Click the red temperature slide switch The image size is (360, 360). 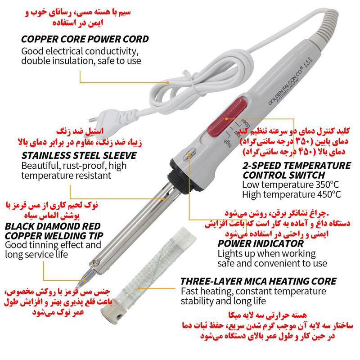pos(227,117)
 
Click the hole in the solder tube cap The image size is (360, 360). pos(119,317)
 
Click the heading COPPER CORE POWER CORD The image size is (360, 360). pos(85,39)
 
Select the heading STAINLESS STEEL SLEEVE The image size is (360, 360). pos(79,156)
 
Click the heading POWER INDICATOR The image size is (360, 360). pos(261,243)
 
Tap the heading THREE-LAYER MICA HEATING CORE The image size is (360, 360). pos(258,282)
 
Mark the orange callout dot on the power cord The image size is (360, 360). pos(167,82)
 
